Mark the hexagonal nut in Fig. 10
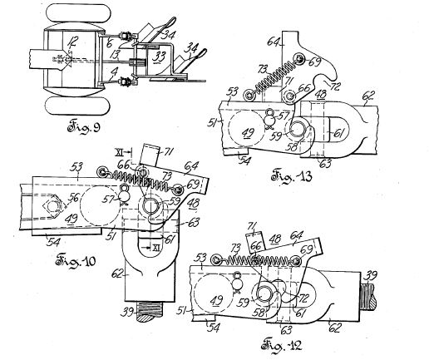52,201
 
